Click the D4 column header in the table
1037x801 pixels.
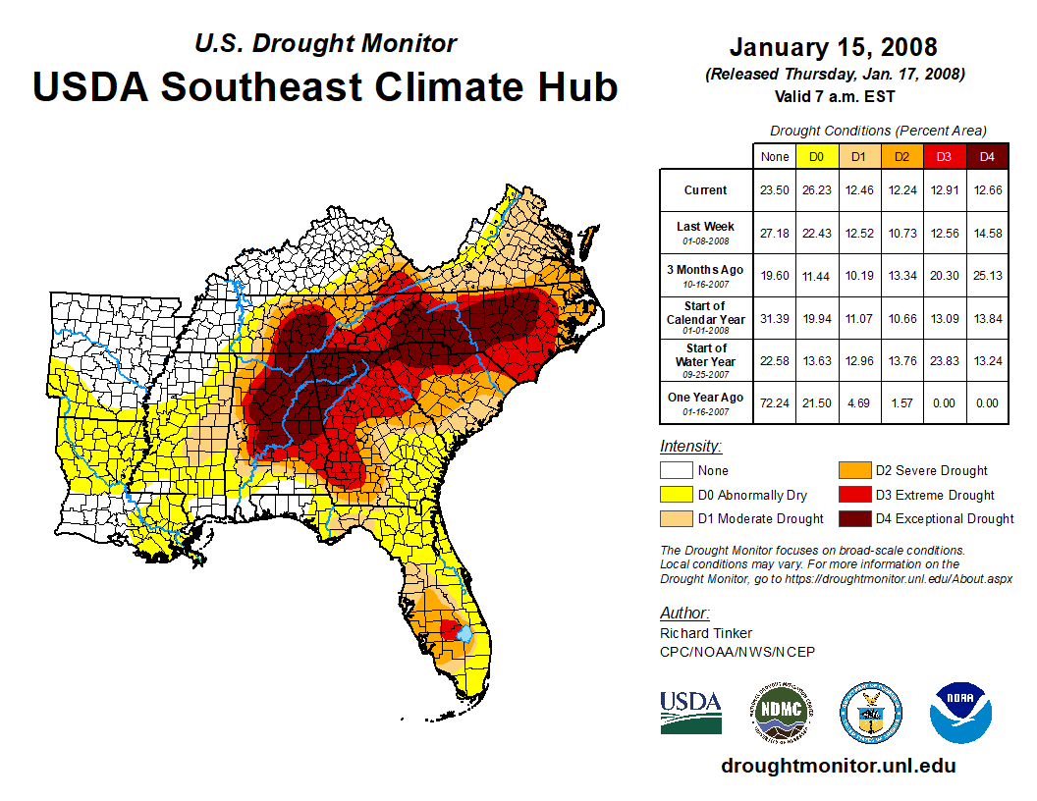pos(987,156)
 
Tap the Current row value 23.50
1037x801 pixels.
pos(775,190)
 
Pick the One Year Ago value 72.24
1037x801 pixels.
pos(775,402)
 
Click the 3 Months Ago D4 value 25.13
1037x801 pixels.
pos(987,276)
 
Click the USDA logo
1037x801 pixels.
pos(690,711)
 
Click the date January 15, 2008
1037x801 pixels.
pos(834,46)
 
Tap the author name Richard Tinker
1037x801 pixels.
pos(706,633)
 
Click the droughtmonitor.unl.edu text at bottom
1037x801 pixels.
pos(838,766)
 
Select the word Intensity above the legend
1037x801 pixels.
pos(690,447)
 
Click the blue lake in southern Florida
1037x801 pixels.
pos(464,636)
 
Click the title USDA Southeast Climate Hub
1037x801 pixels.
pos(325,86)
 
